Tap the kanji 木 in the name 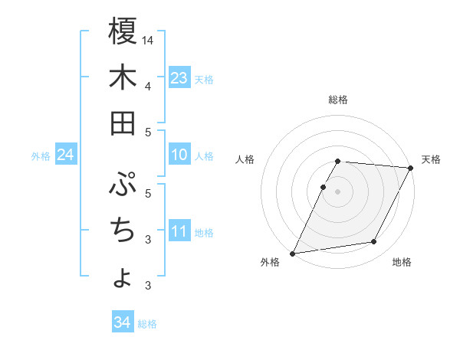coord(123,77)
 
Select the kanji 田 coord(123,123)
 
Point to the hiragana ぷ coord(123,184)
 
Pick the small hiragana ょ coord(123,277)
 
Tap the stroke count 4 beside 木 coord(148,85)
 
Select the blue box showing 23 coord(179,77)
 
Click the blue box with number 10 coord(179,155)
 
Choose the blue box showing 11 coord(179,231)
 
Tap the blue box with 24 coord(66,155)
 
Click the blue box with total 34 coord(122,322)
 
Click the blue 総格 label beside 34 coord(148,324)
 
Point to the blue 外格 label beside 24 coord(41,156)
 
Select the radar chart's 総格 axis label coord(338,100)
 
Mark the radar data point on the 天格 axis coord(411,169)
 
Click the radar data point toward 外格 coord(292,254)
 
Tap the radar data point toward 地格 coord(374,242)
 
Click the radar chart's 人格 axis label coord(245,159)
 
